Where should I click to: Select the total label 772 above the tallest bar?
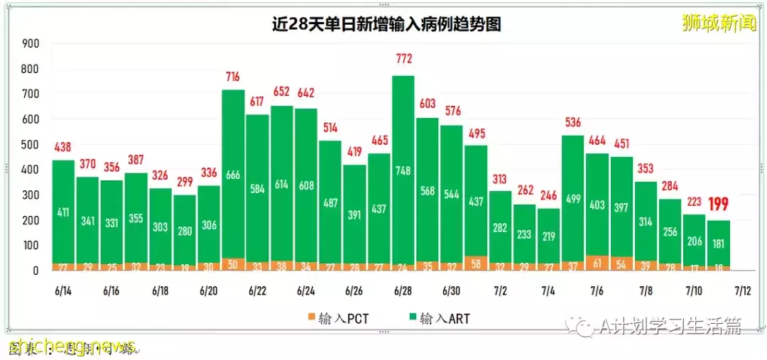coord(403,58)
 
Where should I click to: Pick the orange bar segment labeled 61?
coord(597,263)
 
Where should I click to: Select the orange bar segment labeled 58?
coord(476,264)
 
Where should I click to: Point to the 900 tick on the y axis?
coord(30,44)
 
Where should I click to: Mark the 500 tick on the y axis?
coord(30,145)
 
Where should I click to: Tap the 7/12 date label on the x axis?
coord(743,291)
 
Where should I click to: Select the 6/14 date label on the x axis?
coord(63,291)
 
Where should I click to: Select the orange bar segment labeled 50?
coord(233,264)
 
